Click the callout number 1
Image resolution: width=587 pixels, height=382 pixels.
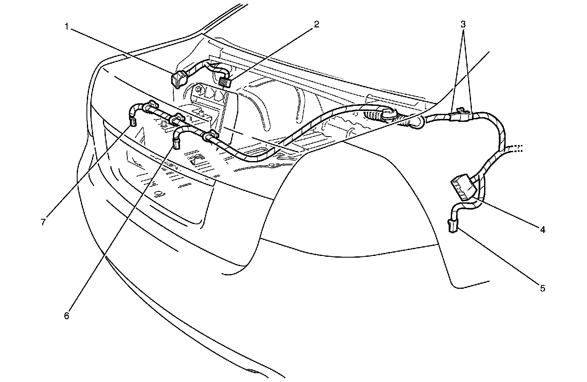(66, 27)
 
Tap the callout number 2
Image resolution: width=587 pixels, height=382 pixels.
(316, 24)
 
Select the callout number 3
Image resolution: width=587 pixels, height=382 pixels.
(463, 24)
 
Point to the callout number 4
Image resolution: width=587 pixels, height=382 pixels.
(543, 230)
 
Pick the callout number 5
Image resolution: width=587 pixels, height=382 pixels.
(543, 288)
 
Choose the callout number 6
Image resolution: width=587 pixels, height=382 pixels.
(66, 315)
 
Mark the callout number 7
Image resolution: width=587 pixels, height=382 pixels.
(43, 222)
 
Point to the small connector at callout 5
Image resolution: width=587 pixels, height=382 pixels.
(453, 225)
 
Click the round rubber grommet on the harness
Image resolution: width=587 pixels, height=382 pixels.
(387, 114)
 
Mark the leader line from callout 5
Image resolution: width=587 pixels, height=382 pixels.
(498, 257)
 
